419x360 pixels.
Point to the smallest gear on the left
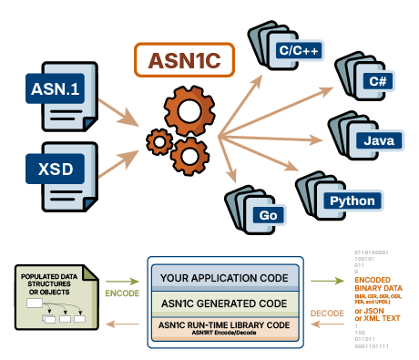tap(160, 141)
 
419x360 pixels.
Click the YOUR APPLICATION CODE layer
tap(224, 278)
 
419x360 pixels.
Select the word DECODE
tap(326, 309)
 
